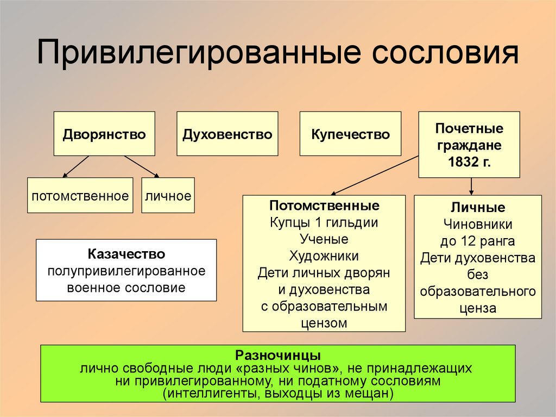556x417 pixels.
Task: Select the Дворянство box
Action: pyautogui.click(x=104, y=134)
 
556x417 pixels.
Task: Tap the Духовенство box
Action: pyautogui.click(x=227, y=134)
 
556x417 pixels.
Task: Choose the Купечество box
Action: pyautogui.click(x=350, y=134)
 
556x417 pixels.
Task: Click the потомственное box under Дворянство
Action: pyautogui.click(x=80, y=195)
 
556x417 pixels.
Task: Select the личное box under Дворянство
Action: pyautogui.click(x=168, y=195)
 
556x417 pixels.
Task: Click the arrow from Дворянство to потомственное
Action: pyautogui.click(x=76, y=166)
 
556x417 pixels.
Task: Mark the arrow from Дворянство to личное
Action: pyautogui.click(x=141, y=166)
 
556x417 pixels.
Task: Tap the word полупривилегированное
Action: pyautogui.click(x=126, y=271)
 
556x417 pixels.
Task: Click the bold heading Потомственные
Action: pyautogui.click(x=324, y=206)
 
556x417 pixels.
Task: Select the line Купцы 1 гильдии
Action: pyautogui.click(x=324, y=222)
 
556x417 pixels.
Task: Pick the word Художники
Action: pyautogui.click(x=324, y=256)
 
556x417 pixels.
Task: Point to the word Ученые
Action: pyautogui.click(x=324, y=239)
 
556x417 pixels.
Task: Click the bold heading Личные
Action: pyautogui.click(x=478, y=208)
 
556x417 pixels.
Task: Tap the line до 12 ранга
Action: pyautogui.click(x=478, y=241)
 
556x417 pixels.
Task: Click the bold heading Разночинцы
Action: pyautogui.click(x=277, y=356)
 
